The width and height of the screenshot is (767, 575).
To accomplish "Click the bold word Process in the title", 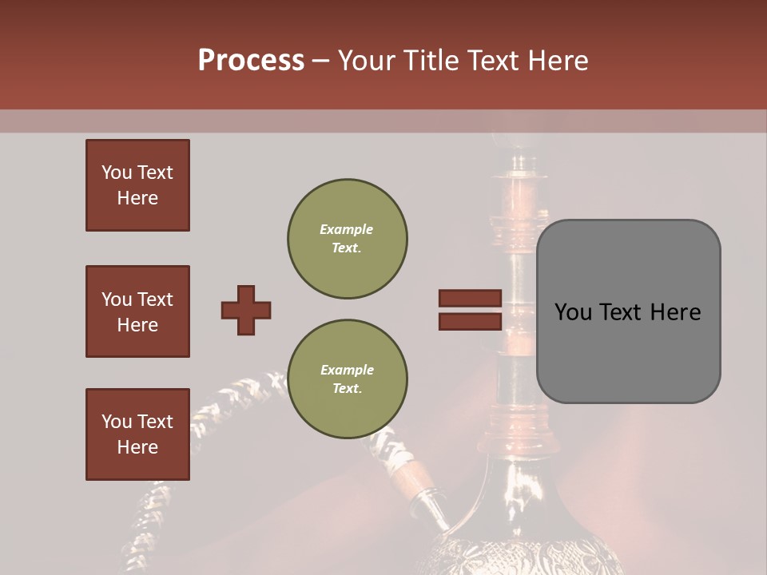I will click(251, 60).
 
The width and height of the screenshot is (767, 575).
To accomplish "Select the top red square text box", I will click(137, 185).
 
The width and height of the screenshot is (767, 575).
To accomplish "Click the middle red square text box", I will click(137, 311).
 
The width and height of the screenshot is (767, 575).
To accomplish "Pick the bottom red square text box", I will click(137, 434).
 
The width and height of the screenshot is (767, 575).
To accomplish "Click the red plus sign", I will click(246, 310).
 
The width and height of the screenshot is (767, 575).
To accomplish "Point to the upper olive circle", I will click(348, 239).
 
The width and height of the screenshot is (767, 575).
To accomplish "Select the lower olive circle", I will click(348, 379).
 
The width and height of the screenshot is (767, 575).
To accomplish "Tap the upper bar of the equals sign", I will click(471, 299).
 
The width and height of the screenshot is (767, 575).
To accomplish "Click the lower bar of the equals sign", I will click(471, 321).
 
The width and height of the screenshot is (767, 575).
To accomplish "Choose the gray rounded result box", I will click(628, 311).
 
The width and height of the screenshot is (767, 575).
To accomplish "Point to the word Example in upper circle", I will click(347, 229).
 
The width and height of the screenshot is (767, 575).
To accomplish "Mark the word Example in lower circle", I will click(347, 370).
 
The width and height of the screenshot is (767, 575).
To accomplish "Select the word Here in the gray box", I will click(675, 312).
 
